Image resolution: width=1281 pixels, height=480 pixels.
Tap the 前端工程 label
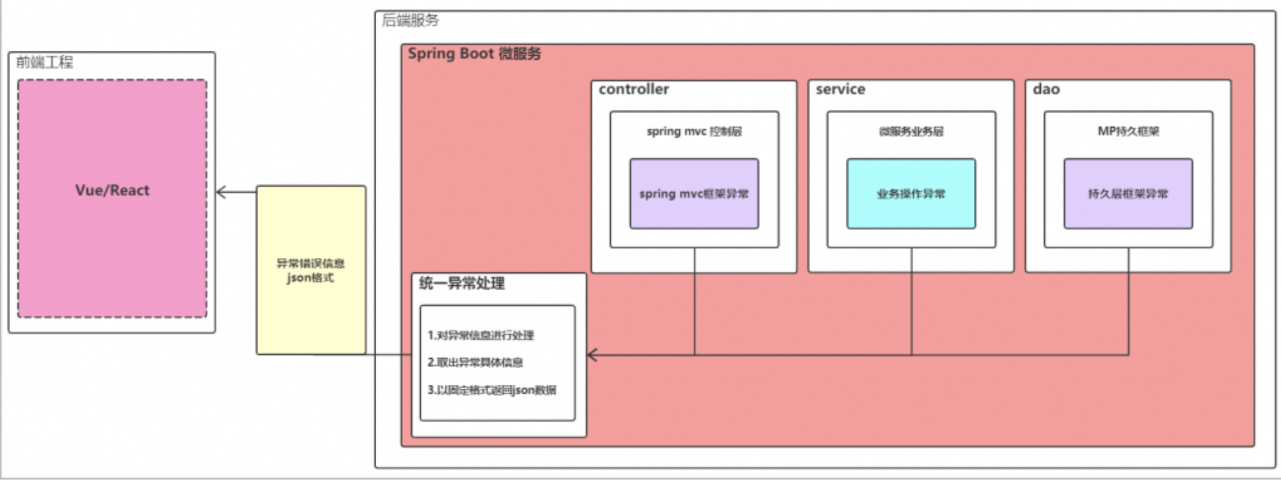pos(44,62)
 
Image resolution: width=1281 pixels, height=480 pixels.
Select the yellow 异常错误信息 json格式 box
pos(311,270)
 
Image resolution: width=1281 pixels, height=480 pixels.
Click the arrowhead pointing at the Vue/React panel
pos(221,192)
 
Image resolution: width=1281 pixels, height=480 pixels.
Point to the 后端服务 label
pos(410,20)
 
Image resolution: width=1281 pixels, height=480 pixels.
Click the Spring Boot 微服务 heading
pos(474,54)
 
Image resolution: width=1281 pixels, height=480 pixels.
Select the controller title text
pos(634,90)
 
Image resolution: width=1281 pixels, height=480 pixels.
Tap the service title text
pos(840,90)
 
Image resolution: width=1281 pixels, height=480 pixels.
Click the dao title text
pos(1046,90)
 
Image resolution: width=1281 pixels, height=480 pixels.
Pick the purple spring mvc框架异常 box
pos(694,194)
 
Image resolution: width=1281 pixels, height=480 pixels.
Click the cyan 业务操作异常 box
pos(911,194)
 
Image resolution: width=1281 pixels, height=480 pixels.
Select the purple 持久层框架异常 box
pos(1128,194)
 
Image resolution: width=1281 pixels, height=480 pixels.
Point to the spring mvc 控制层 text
pos(694,131)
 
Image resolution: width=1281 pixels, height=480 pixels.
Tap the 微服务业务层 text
pos(911,131)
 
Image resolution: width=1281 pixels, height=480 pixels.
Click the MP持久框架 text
pos(1128,131)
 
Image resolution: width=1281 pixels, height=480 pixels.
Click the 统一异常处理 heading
pos(462,284)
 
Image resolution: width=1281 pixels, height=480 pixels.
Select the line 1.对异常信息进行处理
pos(480,335)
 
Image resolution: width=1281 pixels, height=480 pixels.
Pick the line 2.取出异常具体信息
pos(475,363)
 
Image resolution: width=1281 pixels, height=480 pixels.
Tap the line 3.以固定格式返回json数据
pos(492,390)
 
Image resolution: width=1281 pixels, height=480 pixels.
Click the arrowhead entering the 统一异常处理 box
pos(592,355)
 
